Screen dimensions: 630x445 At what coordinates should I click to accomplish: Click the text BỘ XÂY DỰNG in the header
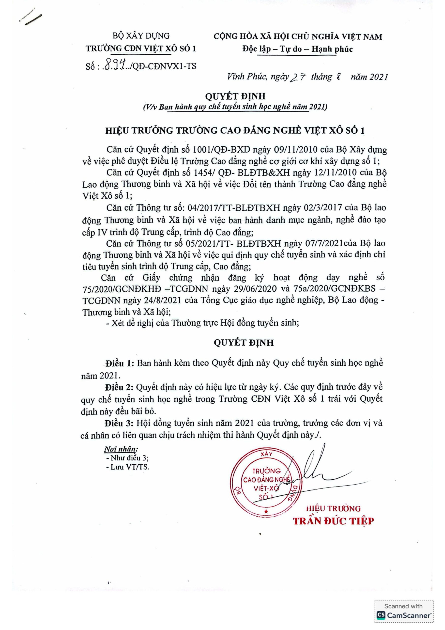click(x=141, y=36)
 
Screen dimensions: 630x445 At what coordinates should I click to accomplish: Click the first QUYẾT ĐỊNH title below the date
click(x=235, y=96)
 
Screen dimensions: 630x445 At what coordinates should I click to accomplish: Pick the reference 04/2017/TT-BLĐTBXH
click(x=234, y=207)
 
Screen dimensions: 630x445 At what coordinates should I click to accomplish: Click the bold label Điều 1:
click(x=120, y=363)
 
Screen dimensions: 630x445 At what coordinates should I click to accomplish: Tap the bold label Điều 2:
click(x=119, y=387)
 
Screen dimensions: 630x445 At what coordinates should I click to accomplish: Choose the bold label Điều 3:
click(x=119, y=423)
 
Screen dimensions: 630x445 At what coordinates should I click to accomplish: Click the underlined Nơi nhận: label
click(x=121, y=449)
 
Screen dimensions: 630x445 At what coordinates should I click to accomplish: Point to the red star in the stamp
click(x=266, y=511)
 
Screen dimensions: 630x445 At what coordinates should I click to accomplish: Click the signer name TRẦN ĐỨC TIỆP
click(x=333, y=521)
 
